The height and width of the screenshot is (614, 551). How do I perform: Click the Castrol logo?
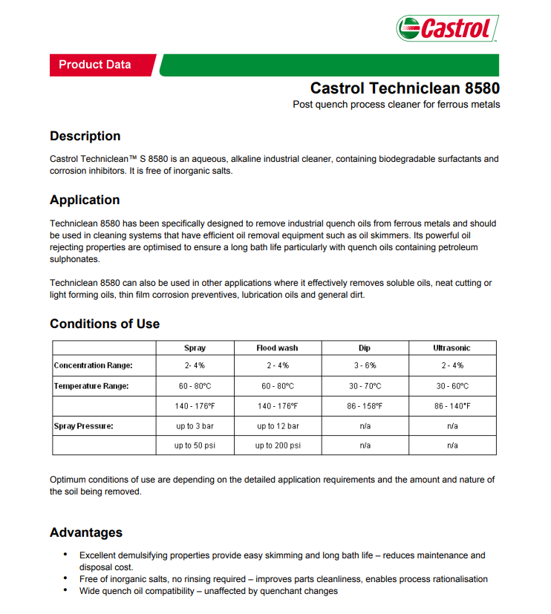447,28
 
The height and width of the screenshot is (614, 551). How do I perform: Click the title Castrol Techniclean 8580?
405,88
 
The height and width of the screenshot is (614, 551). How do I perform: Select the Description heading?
85,136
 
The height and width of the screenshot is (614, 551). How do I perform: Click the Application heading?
85,200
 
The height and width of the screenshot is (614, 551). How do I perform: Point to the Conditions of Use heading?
105,324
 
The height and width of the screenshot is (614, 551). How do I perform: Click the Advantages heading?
86,532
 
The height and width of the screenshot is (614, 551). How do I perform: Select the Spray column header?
195,347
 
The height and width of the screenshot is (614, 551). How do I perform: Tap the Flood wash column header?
277,347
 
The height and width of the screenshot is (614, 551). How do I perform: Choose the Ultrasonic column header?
451,347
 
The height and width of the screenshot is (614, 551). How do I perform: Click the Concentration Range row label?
93,365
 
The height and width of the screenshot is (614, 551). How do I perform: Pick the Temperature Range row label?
91,386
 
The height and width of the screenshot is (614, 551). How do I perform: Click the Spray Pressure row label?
83,426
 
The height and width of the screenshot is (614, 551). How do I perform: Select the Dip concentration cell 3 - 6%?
365,365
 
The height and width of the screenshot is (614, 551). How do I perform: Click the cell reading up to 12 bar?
278,426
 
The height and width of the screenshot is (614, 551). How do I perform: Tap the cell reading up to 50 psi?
195,445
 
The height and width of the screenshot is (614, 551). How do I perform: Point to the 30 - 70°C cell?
365,386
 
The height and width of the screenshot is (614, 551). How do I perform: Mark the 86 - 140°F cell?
451,406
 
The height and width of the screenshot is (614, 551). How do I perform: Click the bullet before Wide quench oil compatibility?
66,590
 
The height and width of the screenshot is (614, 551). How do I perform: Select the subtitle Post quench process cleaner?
396,105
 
